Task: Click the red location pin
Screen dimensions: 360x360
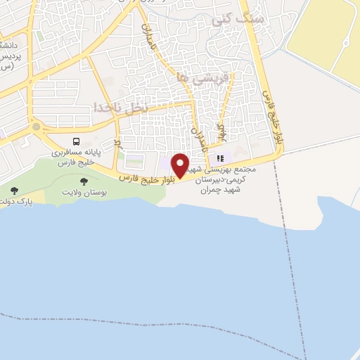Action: click(x=180, y=165)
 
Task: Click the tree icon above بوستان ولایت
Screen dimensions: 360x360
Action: click(x=84, y=182)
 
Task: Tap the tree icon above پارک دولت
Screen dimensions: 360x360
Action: click(x=14, y=191)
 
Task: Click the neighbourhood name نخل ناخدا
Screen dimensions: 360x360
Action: click(x=120, y=107)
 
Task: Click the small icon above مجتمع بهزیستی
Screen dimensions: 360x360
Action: click(x=220, y=158)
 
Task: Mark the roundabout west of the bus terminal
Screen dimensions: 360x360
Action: click(x=34, y=128)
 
